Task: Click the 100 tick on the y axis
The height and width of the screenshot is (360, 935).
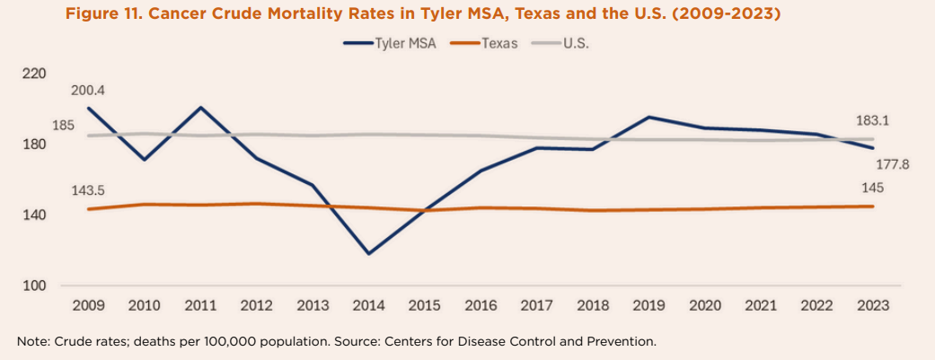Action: click(35, 286)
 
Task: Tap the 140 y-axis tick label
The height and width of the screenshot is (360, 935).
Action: click(35, 215)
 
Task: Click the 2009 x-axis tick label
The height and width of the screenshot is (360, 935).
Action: click(87, 305)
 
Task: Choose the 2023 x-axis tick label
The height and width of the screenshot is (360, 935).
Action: click(872, 305)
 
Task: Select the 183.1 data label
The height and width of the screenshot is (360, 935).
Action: click(872, 120)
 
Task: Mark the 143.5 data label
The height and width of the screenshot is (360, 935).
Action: click(89, 190)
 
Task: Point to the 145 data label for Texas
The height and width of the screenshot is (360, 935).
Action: click(872, 188)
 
